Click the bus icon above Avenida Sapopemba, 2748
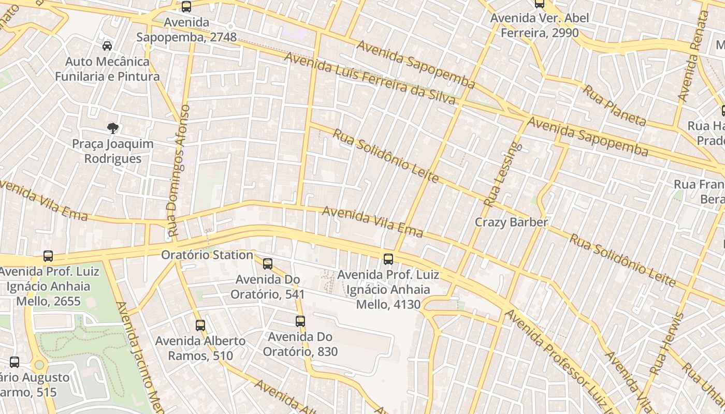pyautogui.click(x=186, y=7)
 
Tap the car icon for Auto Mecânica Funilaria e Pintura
pyautogui.click(x=107, y=46)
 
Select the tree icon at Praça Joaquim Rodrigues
pyautogui.click(x=113, y=128)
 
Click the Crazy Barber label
pyautogui.click(x=511, y=222)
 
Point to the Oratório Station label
pyautogui.click(x=207, y=255)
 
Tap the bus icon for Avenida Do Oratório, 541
pyautogui.click(x=268, y=263)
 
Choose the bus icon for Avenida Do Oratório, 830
pyautogui.click(x=300, y=321)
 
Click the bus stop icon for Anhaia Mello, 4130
pyautogui.click(x=388, y=259)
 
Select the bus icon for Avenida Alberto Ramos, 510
pyautogui.click(x=200, y=325)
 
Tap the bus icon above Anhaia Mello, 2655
pyautogui.click(x=48, y=256)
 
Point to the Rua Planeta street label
pyautogui.click(x=615, y=106)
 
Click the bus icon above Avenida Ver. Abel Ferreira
pyautogui.click(x=540, y=4)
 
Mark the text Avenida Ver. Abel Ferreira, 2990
pyautogui.click(x=539, y=25)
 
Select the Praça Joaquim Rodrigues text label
pyautogui.click(x=113, y=151)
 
